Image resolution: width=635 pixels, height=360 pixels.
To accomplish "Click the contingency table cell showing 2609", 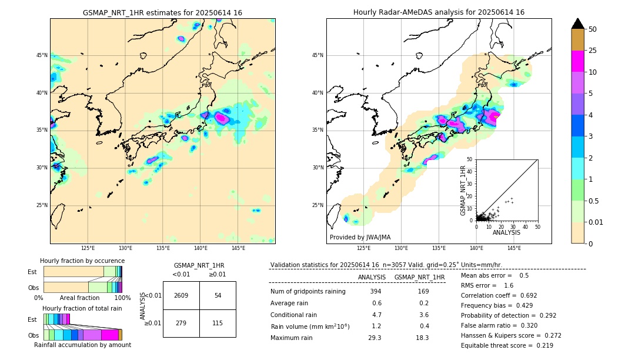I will click(181, 295).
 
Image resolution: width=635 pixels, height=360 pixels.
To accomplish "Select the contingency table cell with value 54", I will click(218, 295).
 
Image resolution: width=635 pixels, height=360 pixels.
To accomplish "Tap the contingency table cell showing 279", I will click(181, 323).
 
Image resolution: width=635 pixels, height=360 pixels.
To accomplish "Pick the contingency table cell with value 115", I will click(218, 323).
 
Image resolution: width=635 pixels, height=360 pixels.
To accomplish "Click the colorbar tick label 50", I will click(593, 29).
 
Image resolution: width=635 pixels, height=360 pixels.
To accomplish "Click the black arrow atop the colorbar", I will click(578, 24).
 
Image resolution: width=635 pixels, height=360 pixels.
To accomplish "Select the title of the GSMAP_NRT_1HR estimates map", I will click(162, 12).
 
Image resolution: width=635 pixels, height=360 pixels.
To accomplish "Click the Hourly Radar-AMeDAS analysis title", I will click(439, 12).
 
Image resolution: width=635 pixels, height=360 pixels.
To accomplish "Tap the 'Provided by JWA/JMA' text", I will click(360, 237).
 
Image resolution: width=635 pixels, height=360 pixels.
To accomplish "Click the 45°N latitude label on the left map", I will click(42, 55).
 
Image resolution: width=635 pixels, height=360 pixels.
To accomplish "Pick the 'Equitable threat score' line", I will click(507, 345).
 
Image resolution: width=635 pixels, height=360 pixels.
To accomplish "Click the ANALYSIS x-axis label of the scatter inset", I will click(506, 232).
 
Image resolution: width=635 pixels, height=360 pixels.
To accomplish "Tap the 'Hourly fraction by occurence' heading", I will click(82, 261).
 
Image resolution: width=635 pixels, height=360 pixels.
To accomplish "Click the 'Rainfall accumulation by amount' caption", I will click(82, 345).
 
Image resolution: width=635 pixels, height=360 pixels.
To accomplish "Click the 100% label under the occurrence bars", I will click(122, 298).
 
